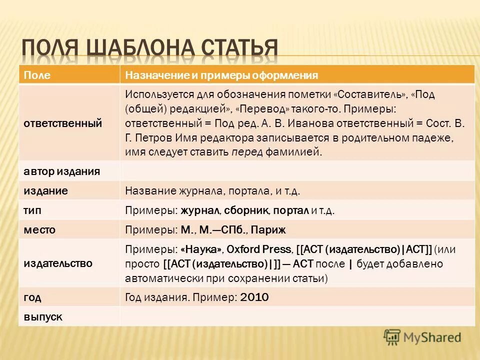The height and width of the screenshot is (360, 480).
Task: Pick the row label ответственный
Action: tap(63, 123)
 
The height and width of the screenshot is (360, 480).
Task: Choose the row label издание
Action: tap(46, 191)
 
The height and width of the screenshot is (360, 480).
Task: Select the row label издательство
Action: tap(58, 263)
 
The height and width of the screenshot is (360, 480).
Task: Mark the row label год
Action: tap(32, 297)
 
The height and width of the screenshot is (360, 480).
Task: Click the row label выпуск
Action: tap(43, 316)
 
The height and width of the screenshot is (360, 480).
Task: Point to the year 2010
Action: tap(254, 297)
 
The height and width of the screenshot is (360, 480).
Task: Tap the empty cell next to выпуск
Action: tap(297, 316)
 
